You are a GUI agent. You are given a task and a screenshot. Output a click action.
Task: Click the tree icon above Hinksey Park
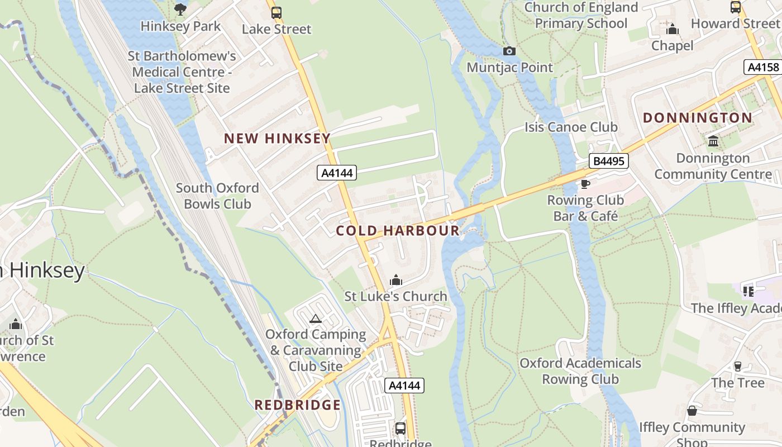click(x=180, y=9)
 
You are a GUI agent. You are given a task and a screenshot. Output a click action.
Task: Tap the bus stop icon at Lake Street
click(x=276, y=12)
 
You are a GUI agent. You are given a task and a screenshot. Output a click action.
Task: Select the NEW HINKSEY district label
click(x=277, y=139)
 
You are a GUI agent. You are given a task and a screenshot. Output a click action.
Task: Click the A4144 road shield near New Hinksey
click(x=337, y=173)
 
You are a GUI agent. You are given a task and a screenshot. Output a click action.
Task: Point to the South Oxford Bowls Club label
click(x=217, y=196)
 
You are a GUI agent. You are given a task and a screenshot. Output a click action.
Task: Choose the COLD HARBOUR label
click(x=398, y=231)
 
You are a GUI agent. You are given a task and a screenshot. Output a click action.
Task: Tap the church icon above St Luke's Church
click(x=396, y=280)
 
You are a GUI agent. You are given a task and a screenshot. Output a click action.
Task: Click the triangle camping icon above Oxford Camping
click(x=316, y=319)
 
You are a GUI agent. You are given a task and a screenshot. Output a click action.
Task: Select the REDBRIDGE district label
click(x=297, y=405)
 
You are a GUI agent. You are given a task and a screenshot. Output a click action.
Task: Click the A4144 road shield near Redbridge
click(x=404, y=386)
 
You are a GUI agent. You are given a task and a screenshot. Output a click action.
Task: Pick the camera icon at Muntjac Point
click(x=509, y=51)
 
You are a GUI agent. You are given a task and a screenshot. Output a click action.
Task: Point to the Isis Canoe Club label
click(x=571, y=127)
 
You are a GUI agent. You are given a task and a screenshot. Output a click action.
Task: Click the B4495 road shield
click(x=609, y=161)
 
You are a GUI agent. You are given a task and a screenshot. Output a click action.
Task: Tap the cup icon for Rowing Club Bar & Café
click(x=585, y=184)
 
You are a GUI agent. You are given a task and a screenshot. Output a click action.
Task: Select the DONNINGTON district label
click(x=698, y=118)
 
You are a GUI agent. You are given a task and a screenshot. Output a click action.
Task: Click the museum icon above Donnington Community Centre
click(x=713, y=141)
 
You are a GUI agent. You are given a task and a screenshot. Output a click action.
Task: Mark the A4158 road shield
click(x=763, y=67)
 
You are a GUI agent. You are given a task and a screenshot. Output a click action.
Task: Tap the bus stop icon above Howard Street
click(x=736, y=7)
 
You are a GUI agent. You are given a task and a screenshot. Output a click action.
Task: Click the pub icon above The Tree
click(x=738, y=367)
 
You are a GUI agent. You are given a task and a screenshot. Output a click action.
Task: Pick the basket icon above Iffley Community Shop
click(x=692, y=411)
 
